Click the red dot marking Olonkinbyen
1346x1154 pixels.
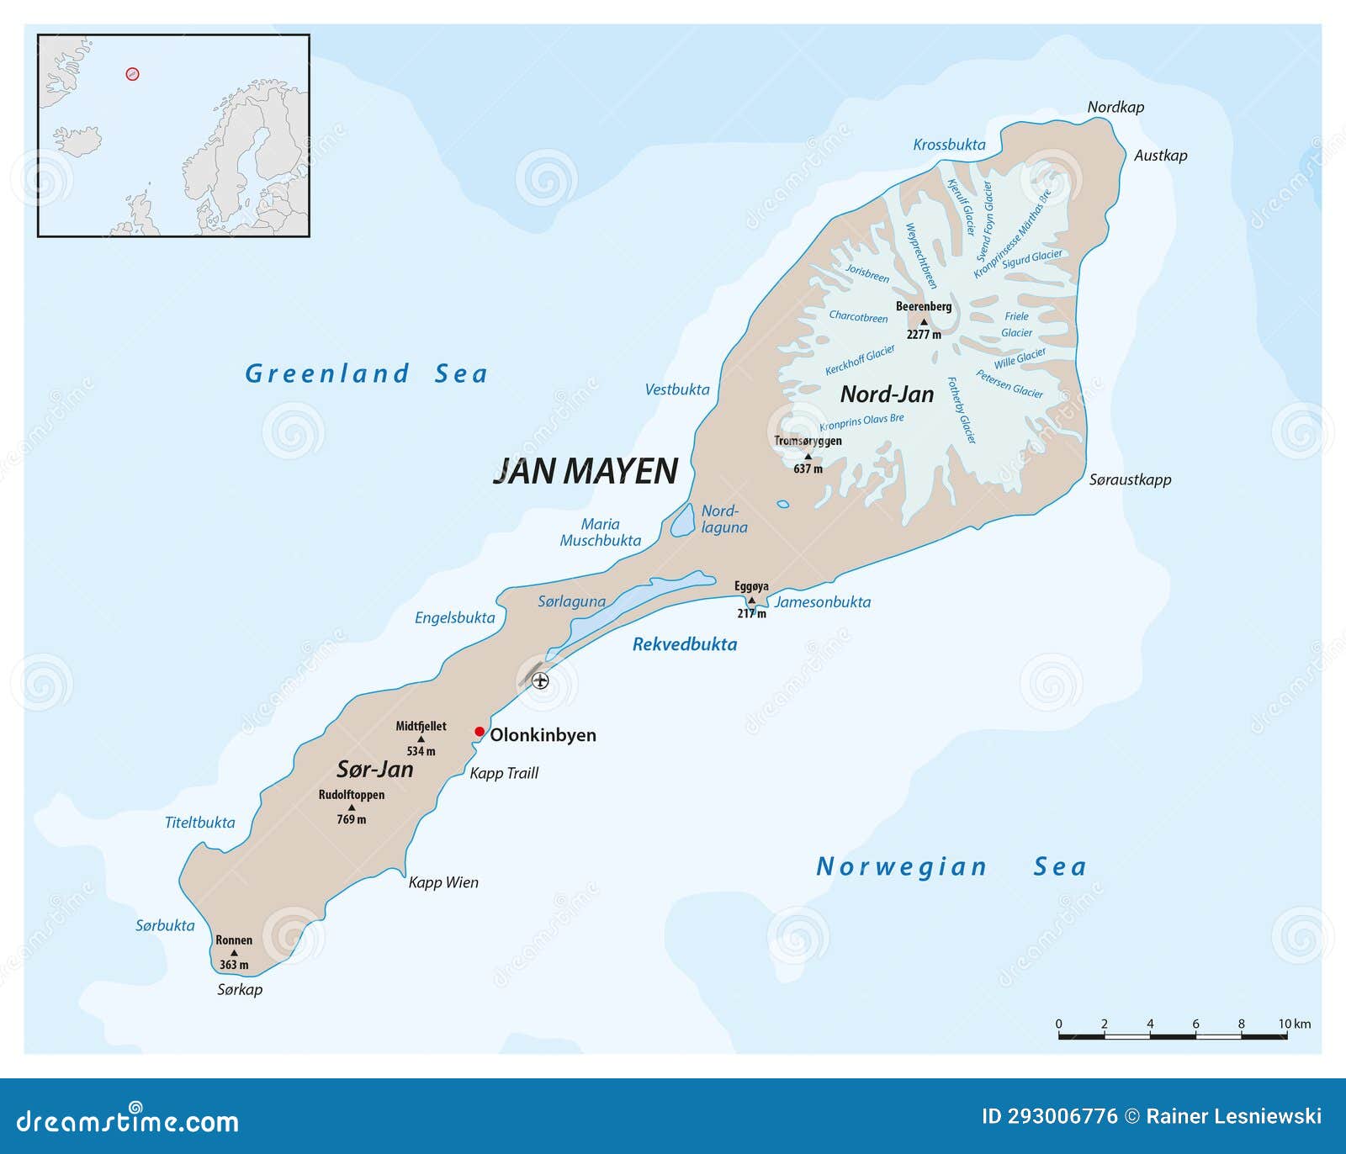480,732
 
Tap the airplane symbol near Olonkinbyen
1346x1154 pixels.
540,680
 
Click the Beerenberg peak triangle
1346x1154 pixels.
924,321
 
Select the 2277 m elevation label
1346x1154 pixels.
924,335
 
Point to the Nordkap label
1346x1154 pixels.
1115,107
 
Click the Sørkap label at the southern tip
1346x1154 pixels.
240,990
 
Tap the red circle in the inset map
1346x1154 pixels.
132,74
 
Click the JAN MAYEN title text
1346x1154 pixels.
586,471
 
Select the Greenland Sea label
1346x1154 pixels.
366,373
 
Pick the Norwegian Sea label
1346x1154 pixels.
951,866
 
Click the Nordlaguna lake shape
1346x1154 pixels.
682,521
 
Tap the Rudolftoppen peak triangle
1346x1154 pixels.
352,807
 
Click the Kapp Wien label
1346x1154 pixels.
443,882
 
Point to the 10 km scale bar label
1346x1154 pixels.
1294,1024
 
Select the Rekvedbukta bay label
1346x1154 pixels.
685,644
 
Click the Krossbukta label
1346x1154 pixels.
949,145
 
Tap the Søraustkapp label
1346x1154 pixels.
1130,479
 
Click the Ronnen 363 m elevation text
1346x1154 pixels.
234,965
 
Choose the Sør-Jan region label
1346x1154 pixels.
375,769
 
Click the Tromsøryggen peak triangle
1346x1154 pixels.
808,456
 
